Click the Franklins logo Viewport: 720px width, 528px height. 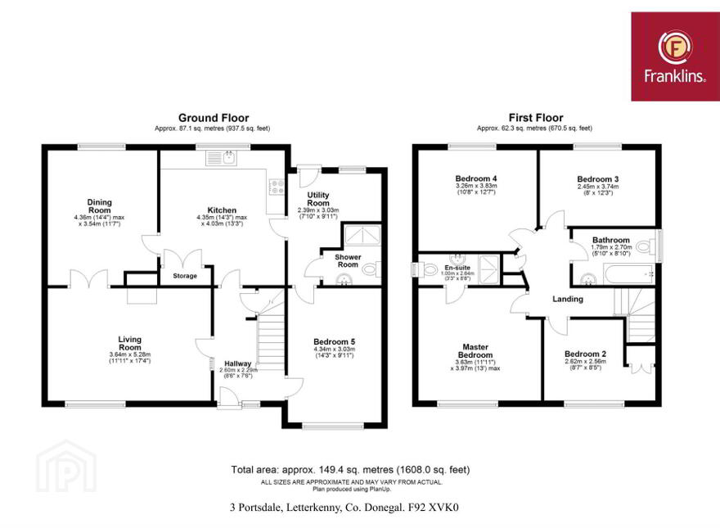(675, 56)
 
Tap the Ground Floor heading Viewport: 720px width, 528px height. (214, 118)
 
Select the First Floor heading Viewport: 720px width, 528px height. (536, 118)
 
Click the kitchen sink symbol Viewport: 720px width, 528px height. (222, 158)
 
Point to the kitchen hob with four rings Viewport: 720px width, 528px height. (276, 186)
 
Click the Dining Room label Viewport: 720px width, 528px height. (100, 205)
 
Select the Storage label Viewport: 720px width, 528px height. (185, 276)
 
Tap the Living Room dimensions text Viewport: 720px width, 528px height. (130, 358)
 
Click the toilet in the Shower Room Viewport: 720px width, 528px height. (371, 269)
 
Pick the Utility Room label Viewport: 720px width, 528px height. (318, 199)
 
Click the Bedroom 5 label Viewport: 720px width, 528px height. (335, 342)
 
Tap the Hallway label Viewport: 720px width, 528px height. (238, 363)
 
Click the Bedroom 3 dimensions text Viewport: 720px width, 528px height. (598, 190)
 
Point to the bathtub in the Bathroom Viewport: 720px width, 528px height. (629, 274)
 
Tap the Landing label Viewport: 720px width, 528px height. (568, 299)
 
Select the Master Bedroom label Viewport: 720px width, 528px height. (475, 351)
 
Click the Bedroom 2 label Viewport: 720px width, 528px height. (586, 354)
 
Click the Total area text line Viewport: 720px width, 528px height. (350, 470)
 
